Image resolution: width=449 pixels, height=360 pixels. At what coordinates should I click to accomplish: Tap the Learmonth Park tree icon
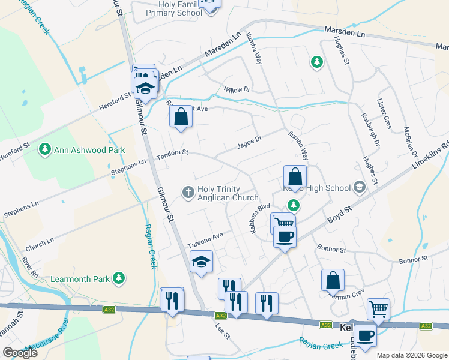point(119,277)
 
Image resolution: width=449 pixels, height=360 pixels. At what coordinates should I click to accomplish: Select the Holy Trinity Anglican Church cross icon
point(188,192)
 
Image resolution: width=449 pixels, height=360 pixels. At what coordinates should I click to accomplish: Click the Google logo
point(20,353)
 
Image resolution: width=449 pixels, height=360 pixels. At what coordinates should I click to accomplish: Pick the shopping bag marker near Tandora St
point(181,116)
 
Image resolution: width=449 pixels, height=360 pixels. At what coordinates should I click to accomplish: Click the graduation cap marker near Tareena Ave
point(201,261)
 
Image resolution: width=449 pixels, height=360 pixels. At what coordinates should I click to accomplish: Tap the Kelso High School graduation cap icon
point(360,188)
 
